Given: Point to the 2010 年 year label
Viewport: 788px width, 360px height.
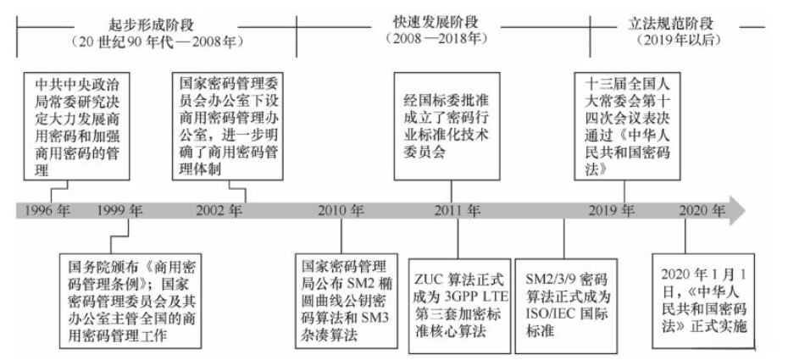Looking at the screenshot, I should click(x=342, y=210).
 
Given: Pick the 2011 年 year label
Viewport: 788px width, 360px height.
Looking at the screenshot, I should click(x=458, y=210).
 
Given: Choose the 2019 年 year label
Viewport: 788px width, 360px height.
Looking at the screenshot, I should click(x=612, y=210).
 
